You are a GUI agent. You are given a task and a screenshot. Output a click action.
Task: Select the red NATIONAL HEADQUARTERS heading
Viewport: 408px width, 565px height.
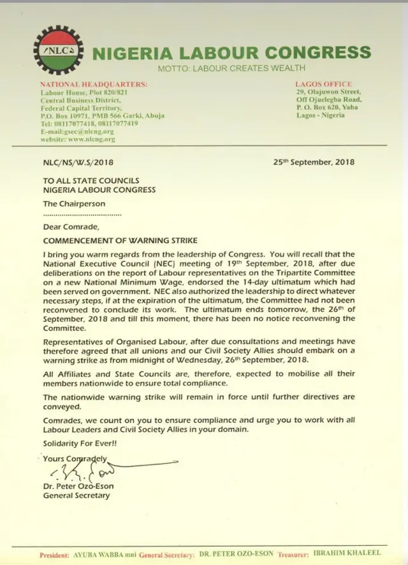tap(94, 84)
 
